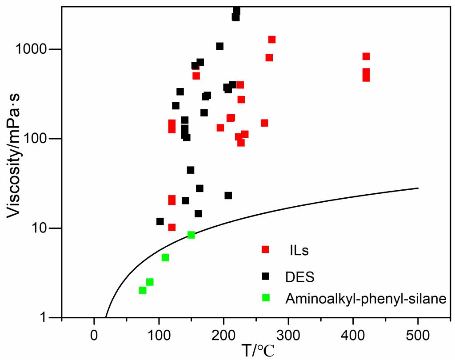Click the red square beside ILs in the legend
(x=265, y=250)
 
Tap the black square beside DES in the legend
(x=265, y=276)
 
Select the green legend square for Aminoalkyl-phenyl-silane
(x=265, y=298)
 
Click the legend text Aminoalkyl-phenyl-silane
(x=364, y=299)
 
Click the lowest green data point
(x=143, y=290)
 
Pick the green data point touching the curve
(x=191, y=235)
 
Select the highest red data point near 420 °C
(x=366, y=56)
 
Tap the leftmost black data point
(x=160, y=221)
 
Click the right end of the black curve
(x=418, y=188)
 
